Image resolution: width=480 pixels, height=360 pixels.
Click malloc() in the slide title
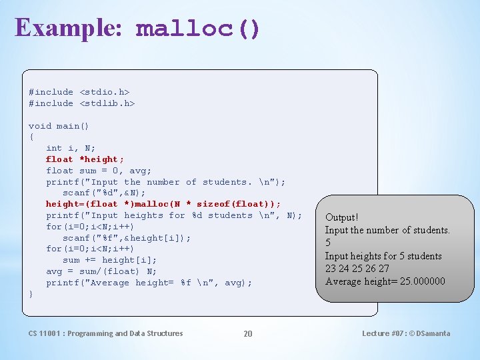(198, 29)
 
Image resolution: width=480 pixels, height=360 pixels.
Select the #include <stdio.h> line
(79, 92)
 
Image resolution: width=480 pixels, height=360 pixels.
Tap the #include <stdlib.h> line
(81, 103)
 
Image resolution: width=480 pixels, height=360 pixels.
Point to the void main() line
(59, 126)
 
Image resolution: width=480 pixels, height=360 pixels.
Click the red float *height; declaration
(85, 159)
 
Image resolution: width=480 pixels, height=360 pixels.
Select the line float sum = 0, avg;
(99, 171)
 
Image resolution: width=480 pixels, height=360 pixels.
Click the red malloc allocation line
(163, 204)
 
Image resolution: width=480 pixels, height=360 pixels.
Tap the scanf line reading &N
(104, 193)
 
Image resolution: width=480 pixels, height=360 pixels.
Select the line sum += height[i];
(109, 260)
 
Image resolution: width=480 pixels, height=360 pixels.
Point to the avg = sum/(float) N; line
(101, 271)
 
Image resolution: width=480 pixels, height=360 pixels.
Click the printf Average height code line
(149, 283)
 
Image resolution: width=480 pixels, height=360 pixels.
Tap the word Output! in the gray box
(341, 217)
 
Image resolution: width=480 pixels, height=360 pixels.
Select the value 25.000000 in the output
(423, 281)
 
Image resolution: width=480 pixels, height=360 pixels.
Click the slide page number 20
(248, 333)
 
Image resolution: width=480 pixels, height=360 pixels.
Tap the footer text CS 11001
(46, 333)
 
